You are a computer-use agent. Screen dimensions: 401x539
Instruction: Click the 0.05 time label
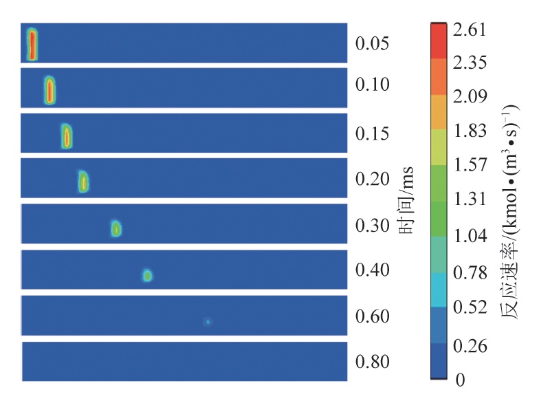point(372,44)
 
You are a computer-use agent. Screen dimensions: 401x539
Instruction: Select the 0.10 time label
point(372,85)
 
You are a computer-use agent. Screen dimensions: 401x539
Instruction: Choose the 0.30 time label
point(372,226)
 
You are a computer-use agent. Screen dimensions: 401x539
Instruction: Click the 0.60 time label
point(372,317)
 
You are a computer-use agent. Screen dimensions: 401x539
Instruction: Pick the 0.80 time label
point(372,362)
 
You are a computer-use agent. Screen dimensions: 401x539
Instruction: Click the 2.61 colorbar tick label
point(470,30)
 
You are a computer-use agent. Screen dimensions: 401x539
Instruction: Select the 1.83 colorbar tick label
point(470,131)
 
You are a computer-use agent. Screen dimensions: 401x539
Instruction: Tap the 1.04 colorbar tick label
point(470,237)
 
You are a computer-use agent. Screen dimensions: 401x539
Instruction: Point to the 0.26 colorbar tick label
point(470,345)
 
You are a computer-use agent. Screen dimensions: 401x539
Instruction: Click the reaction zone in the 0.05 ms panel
point(32,45)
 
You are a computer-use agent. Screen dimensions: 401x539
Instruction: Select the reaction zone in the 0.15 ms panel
point(67,136)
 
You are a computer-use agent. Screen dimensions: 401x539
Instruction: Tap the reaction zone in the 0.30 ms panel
point(116,228)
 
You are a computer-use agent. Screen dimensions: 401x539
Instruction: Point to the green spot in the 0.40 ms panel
point(147,276)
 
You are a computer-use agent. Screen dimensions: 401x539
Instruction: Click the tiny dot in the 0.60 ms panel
point(208,321)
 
